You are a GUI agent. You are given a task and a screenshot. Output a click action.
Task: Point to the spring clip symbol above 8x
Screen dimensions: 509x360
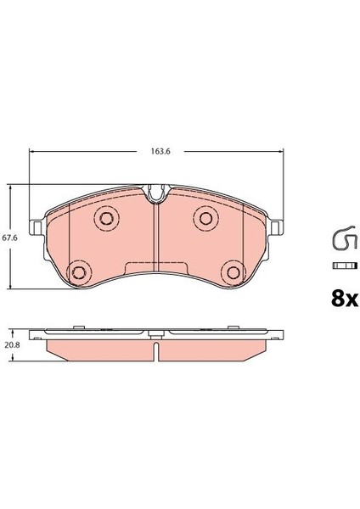[341, 241]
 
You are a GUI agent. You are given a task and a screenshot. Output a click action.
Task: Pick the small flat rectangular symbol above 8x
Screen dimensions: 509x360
[341, 267]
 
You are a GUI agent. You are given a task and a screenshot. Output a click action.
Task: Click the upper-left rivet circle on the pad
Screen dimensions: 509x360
[105, 219]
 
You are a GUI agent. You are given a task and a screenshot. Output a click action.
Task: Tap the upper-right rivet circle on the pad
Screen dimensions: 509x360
[205, 219]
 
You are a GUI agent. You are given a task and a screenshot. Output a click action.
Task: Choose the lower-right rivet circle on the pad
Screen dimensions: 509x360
[231, 271]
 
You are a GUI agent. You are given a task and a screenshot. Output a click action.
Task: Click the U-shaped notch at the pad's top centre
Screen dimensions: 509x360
[155, 196]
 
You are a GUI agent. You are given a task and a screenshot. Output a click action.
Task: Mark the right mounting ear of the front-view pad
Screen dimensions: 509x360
[278, 227]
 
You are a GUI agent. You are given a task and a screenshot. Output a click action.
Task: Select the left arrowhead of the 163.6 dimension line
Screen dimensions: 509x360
[33, 152]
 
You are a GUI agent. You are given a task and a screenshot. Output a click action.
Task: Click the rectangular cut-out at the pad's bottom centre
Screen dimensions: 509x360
[155, 270]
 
